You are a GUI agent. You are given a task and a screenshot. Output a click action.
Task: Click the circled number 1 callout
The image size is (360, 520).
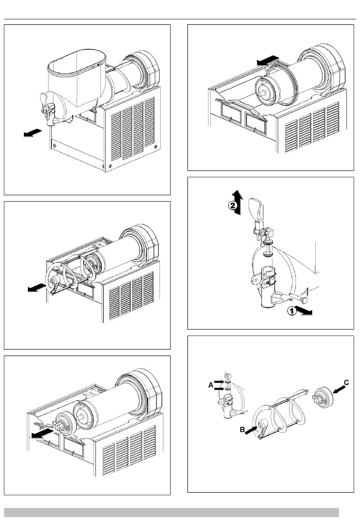pyautogui.click(x=291, y=311)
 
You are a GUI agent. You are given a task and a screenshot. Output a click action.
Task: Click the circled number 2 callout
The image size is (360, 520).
pyautogui.click(x=233, y=206)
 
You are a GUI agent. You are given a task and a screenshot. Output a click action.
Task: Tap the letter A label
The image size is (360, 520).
pyautogui.click(x=210, y=385)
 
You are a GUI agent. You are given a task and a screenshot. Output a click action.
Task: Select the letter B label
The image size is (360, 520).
pyautogui.click(x=243, y=430)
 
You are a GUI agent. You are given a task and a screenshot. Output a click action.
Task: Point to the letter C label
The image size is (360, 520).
pyautogui.click(x=346, y=383)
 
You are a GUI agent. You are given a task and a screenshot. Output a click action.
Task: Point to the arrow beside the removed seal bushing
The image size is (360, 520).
pyautogui.click(x=42, y=434)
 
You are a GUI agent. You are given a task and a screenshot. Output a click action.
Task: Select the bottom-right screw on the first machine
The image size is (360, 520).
pyautogui.click(x=110, y=166)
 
